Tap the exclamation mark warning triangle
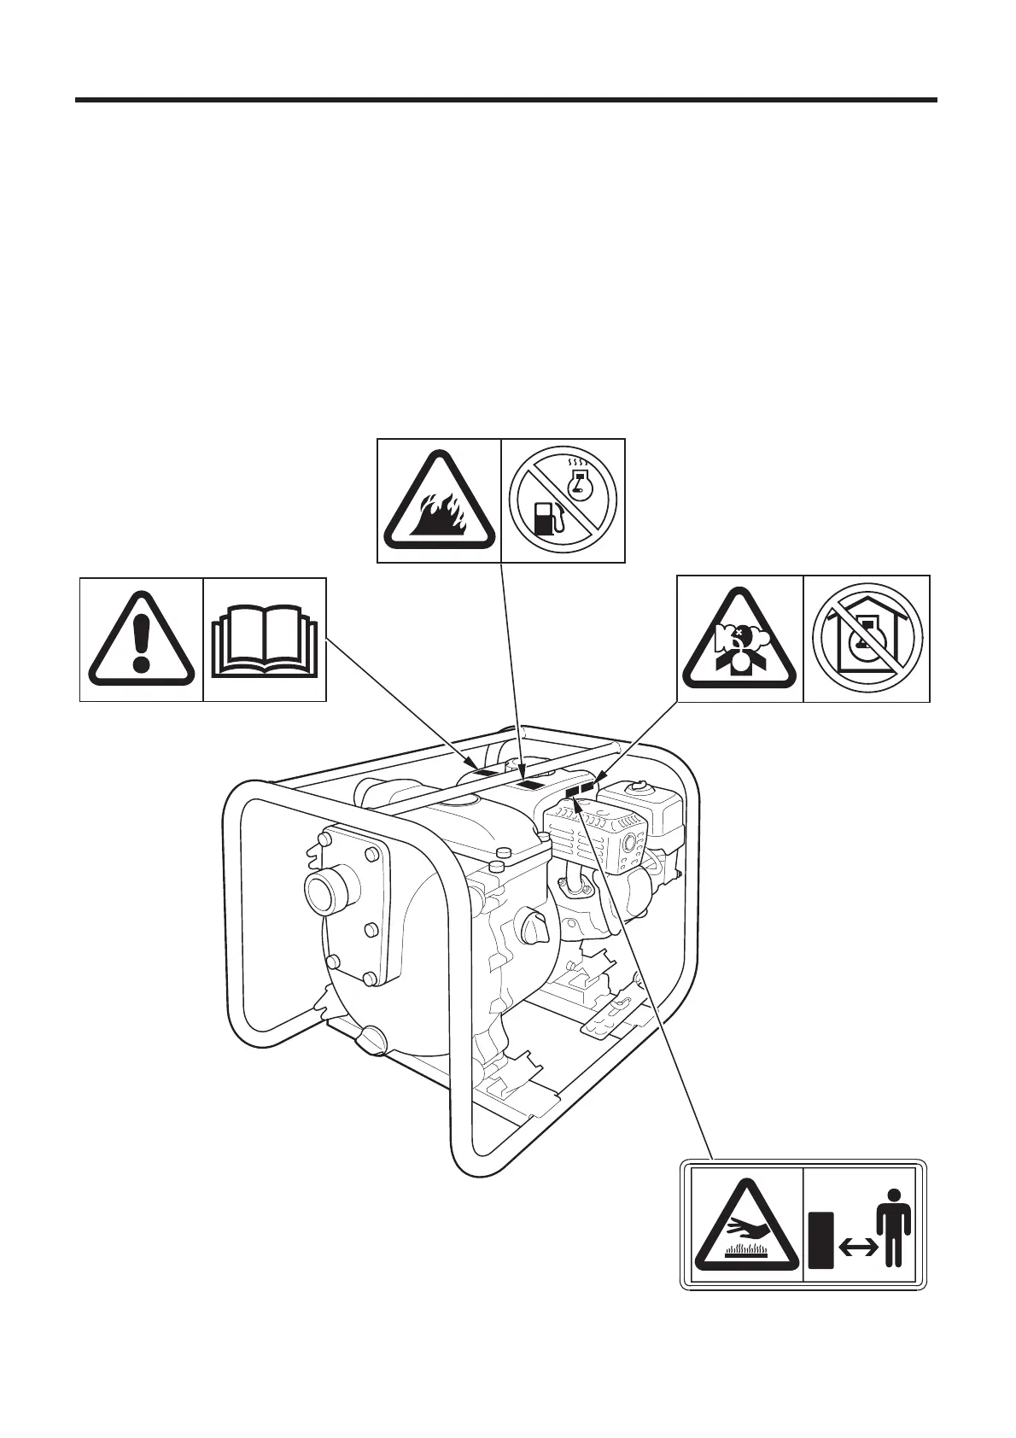141,641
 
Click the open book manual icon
265,640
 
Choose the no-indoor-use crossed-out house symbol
867,639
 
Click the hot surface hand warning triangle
745,1229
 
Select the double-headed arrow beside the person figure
860,1248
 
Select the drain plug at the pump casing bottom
368,1038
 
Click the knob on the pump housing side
534,925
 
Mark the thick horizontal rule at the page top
506,100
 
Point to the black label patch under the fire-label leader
531,784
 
